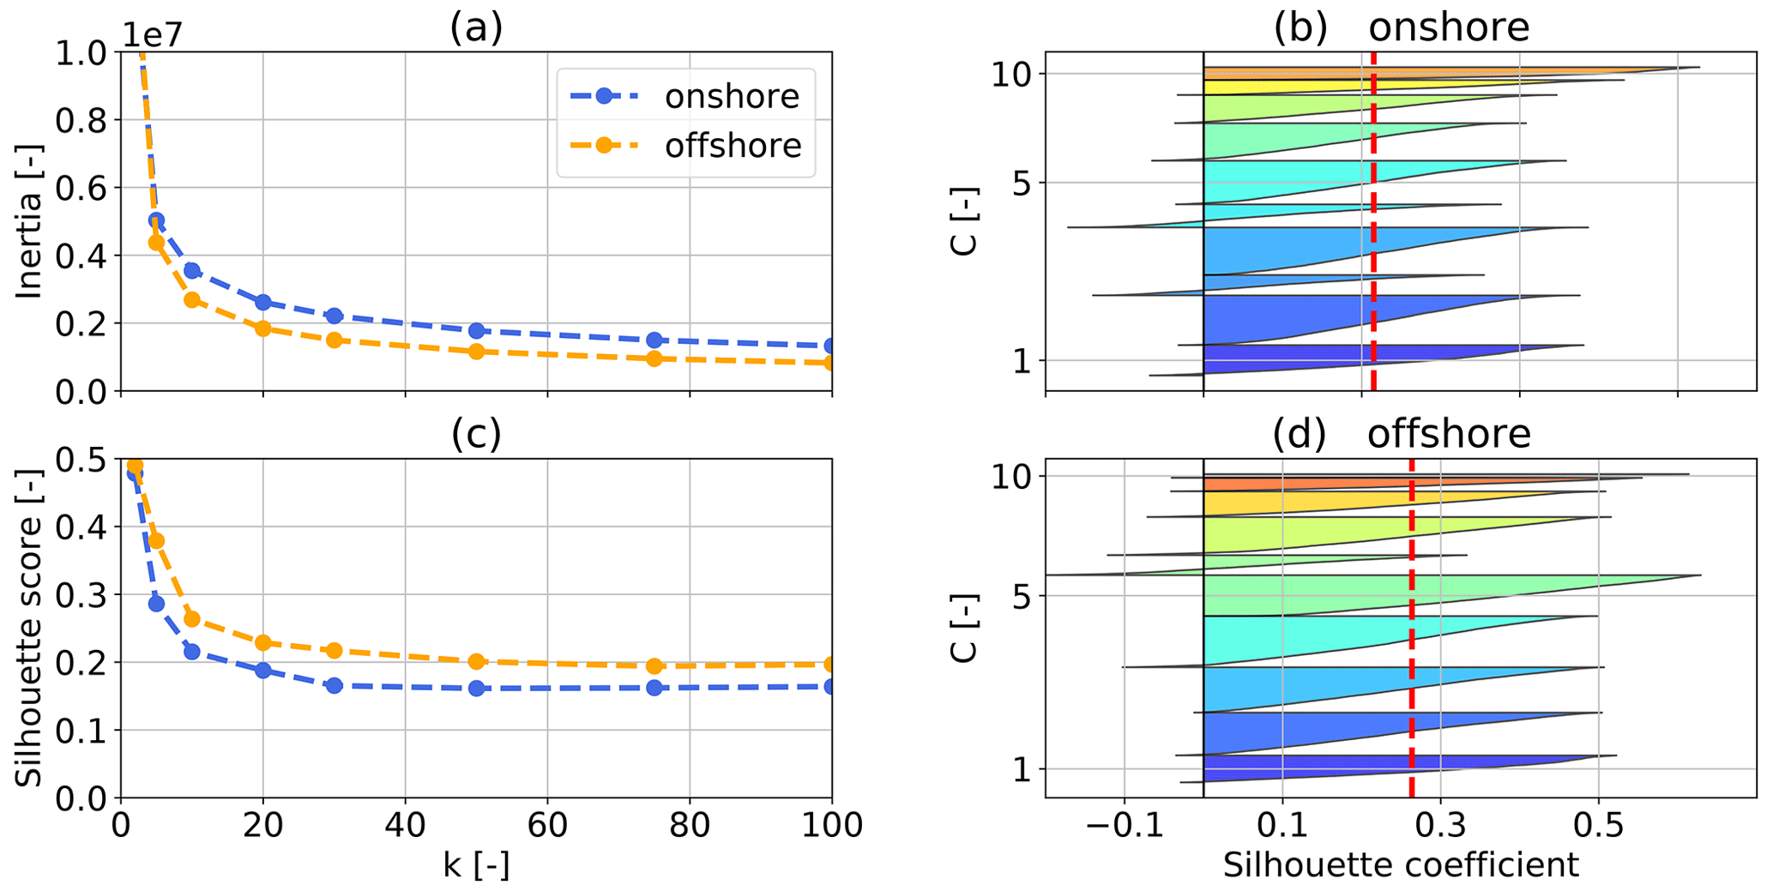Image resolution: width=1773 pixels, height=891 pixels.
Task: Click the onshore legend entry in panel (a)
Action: click(x=731, y=96)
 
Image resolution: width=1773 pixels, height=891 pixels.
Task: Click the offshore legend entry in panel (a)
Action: click(x=733, y=146)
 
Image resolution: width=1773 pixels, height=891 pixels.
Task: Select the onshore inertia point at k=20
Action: click(x=262, y=302)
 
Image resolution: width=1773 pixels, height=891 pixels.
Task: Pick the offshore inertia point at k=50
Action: click(x=476, y=352)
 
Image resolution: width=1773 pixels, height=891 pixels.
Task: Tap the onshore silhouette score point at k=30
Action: click(x=334, y=685)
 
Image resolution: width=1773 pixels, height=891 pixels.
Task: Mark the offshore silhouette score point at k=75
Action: click(x=654, y=665)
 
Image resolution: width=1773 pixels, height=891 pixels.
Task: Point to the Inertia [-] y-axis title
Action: click(x=30, y=221)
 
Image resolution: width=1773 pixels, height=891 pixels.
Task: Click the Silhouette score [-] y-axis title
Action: click(x=30, y=628)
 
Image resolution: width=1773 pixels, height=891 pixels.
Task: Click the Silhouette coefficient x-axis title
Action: click(x=1400, y=865)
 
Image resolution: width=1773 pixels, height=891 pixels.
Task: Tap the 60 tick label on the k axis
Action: click(x=547, y=825)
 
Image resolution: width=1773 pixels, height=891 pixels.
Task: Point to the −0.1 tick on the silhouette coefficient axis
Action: click(x=1124, y=825)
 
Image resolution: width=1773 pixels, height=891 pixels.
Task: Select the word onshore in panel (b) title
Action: click(x=1448, y=27)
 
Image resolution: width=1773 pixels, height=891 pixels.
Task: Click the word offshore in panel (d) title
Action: click(x=1448, y=434)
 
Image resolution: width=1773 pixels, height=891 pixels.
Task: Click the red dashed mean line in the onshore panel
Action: click(x=1373, y=257)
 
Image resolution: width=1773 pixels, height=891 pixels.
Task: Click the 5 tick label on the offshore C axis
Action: click(x=1021, y=595)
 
